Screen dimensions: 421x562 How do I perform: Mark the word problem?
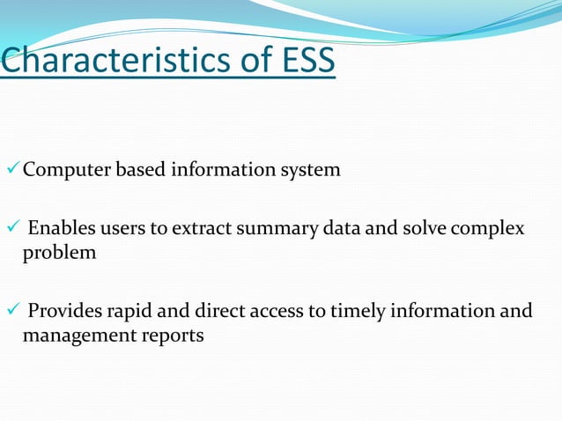[59, 254]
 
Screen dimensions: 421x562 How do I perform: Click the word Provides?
[65, 311]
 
